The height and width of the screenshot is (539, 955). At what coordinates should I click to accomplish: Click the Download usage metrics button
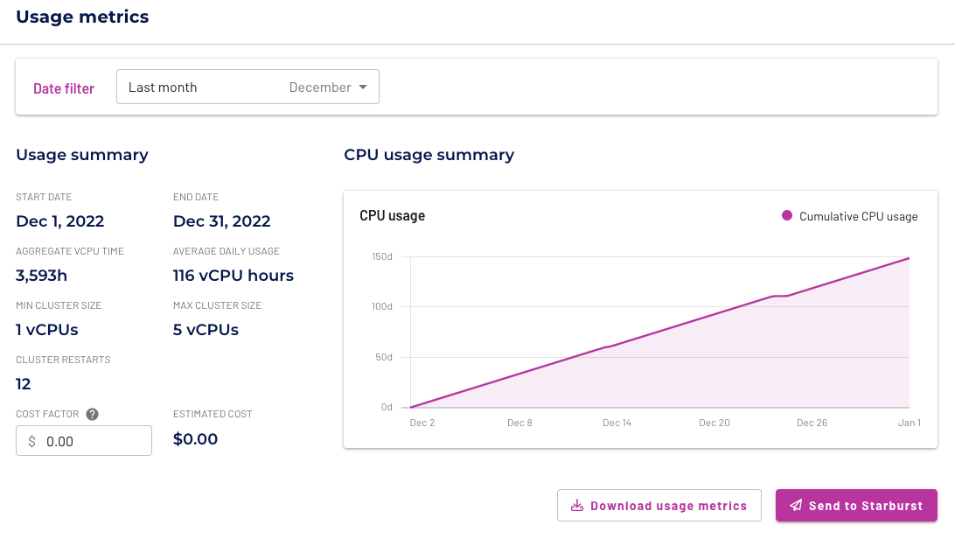point(659,506)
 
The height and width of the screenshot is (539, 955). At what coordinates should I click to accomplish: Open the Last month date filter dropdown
point(247,87)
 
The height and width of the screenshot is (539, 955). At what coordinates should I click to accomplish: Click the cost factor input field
point(84,441)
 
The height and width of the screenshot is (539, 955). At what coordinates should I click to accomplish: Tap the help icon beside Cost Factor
point(92,415)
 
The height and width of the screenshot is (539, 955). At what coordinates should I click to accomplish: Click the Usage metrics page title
point(82,17)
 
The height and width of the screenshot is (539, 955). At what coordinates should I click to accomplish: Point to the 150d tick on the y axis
point(380,256)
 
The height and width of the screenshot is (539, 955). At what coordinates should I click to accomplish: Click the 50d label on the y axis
point(383,357)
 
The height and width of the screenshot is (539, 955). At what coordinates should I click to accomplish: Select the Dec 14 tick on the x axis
point(617,423)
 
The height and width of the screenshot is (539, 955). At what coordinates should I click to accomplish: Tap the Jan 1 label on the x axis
point(909,423)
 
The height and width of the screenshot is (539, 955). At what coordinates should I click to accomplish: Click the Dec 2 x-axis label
point(422,423)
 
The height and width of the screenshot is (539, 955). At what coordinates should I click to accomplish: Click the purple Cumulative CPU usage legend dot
point(787,215)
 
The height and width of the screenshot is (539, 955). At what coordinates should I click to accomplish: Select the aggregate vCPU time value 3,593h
point(41,276)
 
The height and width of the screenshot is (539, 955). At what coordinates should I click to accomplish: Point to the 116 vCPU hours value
point(233,276)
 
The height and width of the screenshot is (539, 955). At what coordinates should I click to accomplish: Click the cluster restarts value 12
point(24,384)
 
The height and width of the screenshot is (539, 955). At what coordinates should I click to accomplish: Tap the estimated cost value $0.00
point(195,439)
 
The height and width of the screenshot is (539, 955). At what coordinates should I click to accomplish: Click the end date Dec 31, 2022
point(221,221)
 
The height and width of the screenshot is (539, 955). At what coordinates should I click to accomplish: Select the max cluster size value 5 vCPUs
point(206,330)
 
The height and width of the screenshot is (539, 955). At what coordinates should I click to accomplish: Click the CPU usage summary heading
point(429,155)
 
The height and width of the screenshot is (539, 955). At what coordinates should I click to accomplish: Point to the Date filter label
point(64,88)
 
